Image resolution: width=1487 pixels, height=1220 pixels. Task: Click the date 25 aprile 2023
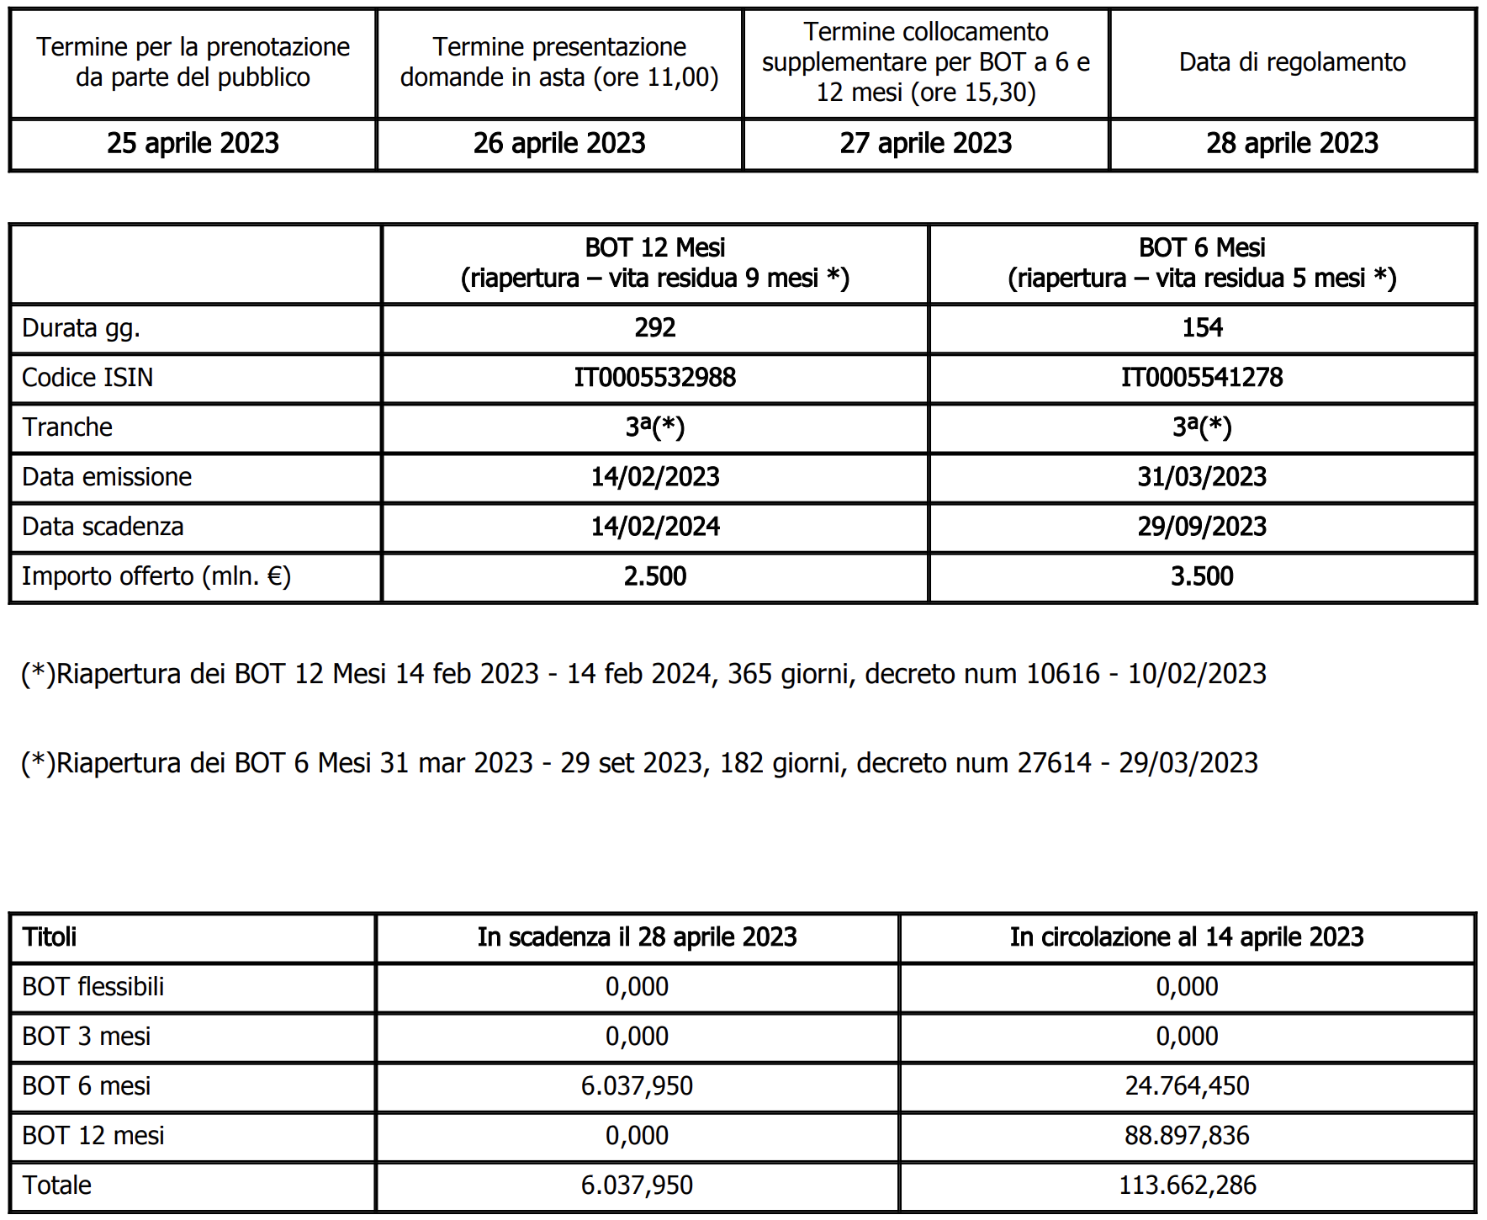[x=193, y=144]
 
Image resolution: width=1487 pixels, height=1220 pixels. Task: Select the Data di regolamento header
[x=1292, y=62]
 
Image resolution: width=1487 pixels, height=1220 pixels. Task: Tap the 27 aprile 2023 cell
[x=925, y=144]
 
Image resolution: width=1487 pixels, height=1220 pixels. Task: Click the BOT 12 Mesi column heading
[x=654, y=263]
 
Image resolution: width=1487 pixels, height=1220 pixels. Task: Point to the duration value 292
[x=654, y=327]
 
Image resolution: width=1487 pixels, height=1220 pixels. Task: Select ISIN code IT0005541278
[x=1201, y=377]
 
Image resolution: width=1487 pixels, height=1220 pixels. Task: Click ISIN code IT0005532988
[x=654, y=377]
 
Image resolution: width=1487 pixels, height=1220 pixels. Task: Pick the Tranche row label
[x=67, y=427]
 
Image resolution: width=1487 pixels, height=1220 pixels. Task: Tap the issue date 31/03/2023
[x=1201, y=477]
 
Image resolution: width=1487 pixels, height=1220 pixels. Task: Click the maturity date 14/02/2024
[x=654, y=527]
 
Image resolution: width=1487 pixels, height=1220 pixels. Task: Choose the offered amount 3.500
[x=1201, y=576]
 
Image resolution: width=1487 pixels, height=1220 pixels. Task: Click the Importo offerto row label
[x=156, y=576]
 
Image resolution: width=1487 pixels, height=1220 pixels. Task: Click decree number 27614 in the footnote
[x=1054, y=763]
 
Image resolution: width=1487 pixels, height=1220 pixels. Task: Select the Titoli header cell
[x=50, y=937]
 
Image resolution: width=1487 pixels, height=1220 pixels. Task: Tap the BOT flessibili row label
[x=93, y=987]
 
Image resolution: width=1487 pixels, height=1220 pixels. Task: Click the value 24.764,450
[x=1187, y=1086]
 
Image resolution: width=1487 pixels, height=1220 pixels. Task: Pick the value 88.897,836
[x=1187, y=1136]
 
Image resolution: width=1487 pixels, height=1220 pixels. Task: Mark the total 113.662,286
[x=1187, y=1186]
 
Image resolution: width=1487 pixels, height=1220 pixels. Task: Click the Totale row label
[x=56, y=1186]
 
